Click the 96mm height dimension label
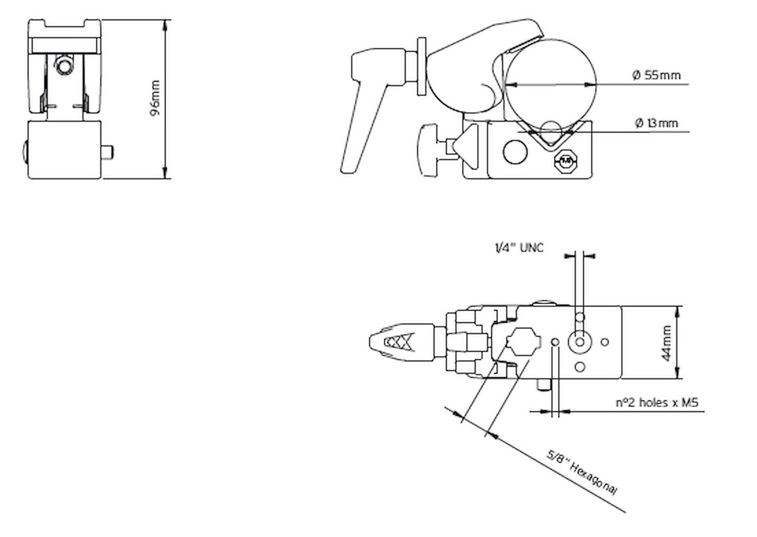[x=155, y=98]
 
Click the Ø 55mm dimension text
[x=656, y=75]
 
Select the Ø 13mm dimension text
[x=656, y=123]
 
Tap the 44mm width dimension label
[x=666, y=343]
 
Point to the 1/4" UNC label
[x=519, y=248]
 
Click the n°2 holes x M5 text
[x=656, y=403]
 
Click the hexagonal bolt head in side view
[x=566, y=160]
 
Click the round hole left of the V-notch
[x=515, y=152]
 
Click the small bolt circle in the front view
[x=65, y=66]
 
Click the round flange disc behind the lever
[x=422, y=66]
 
